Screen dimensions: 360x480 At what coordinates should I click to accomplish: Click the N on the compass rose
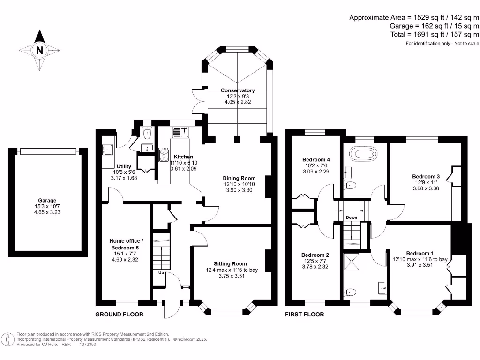(39, 50)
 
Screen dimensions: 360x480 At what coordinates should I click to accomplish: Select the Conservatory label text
(238, 90)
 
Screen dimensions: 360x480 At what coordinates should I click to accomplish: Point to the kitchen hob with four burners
(165, 155)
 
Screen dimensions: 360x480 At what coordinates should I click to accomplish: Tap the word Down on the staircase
(352, 217)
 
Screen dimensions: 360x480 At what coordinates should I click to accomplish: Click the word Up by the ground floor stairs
(160, 272)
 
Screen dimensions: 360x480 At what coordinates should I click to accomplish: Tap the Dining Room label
(239, 178)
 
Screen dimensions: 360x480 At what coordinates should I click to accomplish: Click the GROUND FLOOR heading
(119, 315)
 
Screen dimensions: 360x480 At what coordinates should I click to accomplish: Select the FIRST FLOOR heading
(305, 315)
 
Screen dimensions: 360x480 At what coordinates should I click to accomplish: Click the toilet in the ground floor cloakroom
(148, 134)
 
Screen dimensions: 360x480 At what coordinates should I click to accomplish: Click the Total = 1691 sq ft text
(435, 35)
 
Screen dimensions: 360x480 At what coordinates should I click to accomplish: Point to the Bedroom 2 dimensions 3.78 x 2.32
(315, 267)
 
